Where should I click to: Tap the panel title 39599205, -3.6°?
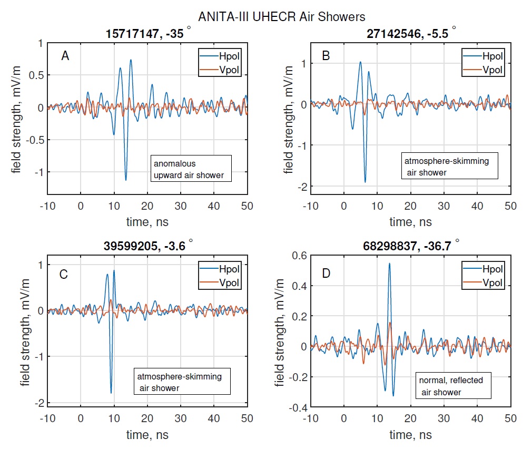(x=147, y=248)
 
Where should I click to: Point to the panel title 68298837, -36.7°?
(x=411, y=248)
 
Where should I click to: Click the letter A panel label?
(x=65, y=56)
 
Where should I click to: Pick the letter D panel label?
(x=327, y=274)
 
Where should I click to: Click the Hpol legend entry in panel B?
(x=483, y=56)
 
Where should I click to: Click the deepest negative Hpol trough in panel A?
(x=125, y=180)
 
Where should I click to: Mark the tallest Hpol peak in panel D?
(x=389, y=263)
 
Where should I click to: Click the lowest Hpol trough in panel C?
(x=111, y=393)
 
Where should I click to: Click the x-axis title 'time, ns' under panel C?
(x=147, y=435)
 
